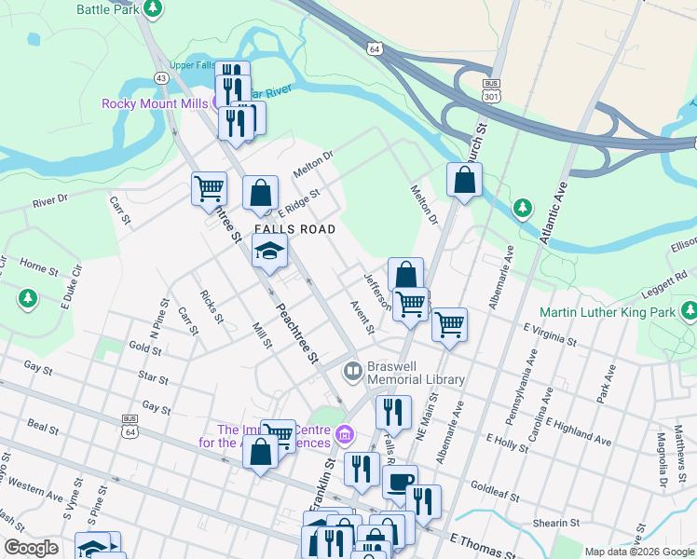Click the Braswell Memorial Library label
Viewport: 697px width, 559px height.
(415, 373)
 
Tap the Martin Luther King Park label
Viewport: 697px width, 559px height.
(608, 312)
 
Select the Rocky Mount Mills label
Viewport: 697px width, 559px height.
(154, 103)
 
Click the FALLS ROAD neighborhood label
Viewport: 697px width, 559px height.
(294, 229)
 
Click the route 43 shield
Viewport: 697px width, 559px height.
(161, 77)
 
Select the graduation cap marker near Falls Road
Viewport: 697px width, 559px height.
(270, 250)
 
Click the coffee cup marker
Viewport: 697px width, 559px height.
(400, 481)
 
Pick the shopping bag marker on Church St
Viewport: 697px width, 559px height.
(464, 179)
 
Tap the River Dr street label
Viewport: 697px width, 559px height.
(50, 199)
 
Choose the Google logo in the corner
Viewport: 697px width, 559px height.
(31, 548)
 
